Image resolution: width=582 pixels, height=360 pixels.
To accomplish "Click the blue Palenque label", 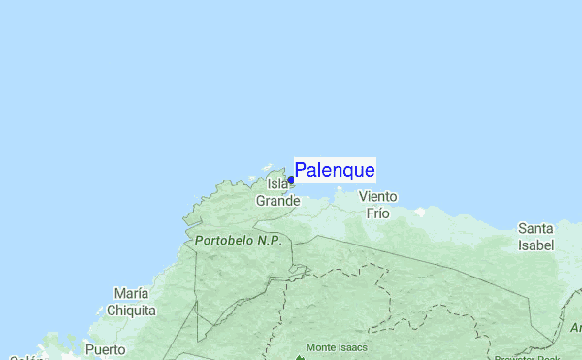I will (335, 171).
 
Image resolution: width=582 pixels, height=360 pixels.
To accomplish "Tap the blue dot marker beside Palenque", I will (291, 180).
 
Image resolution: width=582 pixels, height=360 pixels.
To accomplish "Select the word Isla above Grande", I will (277, 183).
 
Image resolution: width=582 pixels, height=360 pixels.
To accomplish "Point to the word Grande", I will (277, 201).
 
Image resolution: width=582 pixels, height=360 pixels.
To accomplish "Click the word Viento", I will (377, 196).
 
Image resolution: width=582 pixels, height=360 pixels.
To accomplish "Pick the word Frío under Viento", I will (377, 213).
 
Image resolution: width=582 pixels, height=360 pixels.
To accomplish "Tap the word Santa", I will (535, 229).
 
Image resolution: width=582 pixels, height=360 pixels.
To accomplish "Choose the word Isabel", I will (535, 245).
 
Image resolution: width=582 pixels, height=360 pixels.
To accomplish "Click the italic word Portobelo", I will (224, 240).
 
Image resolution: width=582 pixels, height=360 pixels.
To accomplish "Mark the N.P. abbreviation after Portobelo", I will (269, 240).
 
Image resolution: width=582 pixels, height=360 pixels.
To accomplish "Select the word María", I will (131, 293).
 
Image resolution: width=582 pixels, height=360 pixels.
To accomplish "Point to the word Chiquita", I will (131, 311).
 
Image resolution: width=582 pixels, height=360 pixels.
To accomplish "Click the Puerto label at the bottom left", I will (105, 349).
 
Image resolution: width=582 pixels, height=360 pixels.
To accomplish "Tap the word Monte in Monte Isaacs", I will (324, 346).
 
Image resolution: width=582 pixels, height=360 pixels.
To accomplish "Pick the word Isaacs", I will (356, 346).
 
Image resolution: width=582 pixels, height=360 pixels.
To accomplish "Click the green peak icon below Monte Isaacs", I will (300, 357).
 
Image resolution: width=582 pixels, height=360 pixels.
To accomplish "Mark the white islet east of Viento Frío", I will (420, 211).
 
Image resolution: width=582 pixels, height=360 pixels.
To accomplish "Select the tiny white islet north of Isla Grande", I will (275, 167).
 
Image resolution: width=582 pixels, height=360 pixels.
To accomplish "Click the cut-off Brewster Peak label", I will (526, 357).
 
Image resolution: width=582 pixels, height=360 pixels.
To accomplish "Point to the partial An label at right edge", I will (575, 328).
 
